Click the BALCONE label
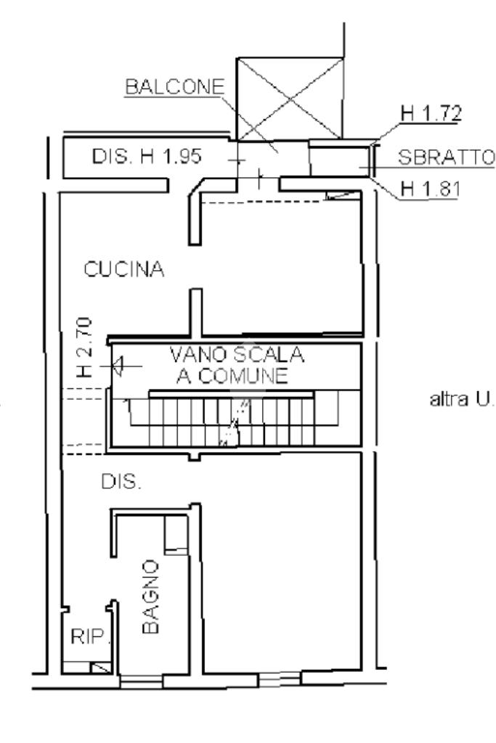174,87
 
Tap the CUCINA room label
123,269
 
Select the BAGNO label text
150,597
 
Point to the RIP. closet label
89,636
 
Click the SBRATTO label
446,157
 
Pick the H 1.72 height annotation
431,114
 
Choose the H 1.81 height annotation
430,189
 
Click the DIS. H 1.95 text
147,156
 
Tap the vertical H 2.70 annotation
84,348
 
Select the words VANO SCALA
237,354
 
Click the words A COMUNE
232,376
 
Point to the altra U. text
461,399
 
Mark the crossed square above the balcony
290,99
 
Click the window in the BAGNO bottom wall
141,681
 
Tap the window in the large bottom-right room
280,679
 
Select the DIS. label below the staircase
121,482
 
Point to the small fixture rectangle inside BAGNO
176,535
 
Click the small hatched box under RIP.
100,668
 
